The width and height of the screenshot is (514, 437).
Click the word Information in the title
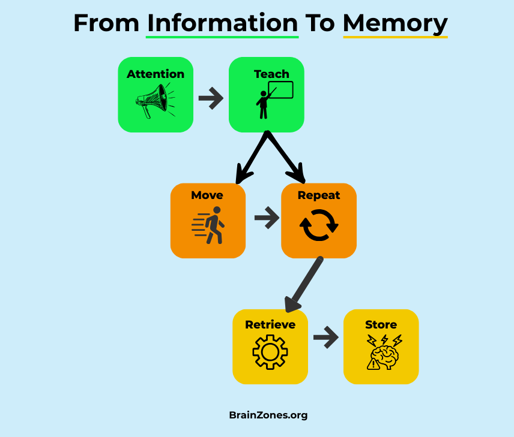point(222,23)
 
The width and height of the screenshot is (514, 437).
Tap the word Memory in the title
point(395,23)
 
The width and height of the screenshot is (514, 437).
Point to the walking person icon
point(209,225)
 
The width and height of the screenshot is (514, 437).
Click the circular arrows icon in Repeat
point(319,225)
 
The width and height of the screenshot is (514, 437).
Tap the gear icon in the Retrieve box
point(270,351)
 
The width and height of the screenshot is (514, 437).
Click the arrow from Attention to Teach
point(211,98)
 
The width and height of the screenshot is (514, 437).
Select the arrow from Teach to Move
point(251,158)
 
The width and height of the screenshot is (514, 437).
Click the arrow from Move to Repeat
point(267,218)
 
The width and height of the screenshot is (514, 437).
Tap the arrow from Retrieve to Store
point(325,337)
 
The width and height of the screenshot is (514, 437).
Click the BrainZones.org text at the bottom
point(268,415)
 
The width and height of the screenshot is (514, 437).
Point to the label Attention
point(156,74)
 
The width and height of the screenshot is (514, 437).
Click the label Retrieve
point(270,325)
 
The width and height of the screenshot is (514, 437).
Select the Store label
point(381,325)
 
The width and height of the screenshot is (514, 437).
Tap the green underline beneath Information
point(222,37)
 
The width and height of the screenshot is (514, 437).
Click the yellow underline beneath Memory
point(395,37)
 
